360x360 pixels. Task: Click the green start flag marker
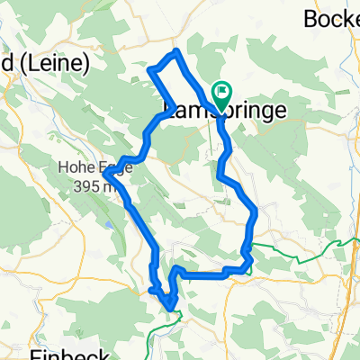[x=221, y=93]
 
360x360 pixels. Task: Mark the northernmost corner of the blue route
[x=177, y=51]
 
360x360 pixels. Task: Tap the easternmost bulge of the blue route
[x=257, y=212]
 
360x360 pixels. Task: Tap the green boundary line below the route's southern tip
[x=176, y=316]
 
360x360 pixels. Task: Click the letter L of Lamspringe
[x=166, y=110]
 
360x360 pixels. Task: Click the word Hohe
[x=73, y=166]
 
